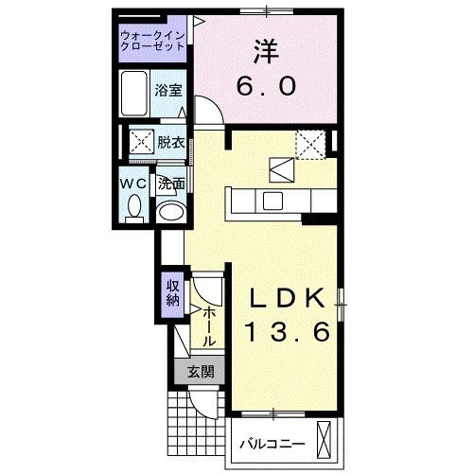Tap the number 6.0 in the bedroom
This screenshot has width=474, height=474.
[266, 86]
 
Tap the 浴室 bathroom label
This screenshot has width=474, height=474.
[168, 91]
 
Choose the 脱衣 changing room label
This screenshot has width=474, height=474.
[170, 143]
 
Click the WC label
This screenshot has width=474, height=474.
[132, 182]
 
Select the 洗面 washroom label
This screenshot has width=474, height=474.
[170, 183]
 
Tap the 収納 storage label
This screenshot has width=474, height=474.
[173, 295]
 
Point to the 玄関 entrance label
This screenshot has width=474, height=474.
[200, 372]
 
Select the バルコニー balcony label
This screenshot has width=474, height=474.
[271, 443]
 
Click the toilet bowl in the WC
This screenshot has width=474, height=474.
[133, 205]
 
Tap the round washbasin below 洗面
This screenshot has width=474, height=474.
[171, 211]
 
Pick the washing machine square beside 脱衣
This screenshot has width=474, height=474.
[141, 144]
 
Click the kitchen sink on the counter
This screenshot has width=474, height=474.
[272, 200]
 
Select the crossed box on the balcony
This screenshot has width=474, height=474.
[325, 441]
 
